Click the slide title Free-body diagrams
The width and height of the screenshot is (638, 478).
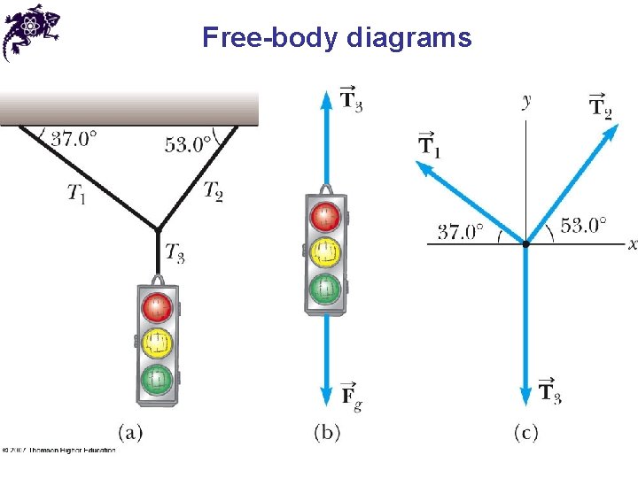[x=337, y=38]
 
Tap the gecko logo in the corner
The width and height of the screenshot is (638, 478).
[x=30, y=30]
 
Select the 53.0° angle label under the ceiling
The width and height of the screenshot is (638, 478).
[x=188, y=144]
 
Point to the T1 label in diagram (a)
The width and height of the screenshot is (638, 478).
[x=77, y=193]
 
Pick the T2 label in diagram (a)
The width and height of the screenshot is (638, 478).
[x=213, y=189]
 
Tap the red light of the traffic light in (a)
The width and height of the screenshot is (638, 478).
[x=158, y=308]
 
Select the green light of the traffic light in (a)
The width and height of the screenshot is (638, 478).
[x=158, y=380]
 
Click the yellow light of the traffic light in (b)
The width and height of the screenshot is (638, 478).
[x=326, y=251]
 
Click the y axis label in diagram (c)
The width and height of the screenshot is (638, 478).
[x=526, y=100]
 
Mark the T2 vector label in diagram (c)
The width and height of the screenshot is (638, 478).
[x=601, y=105]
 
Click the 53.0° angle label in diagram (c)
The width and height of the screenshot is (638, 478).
[x=584, y=226]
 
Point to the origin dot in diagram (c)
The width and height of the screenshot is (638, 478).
[x=525, y=243]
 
